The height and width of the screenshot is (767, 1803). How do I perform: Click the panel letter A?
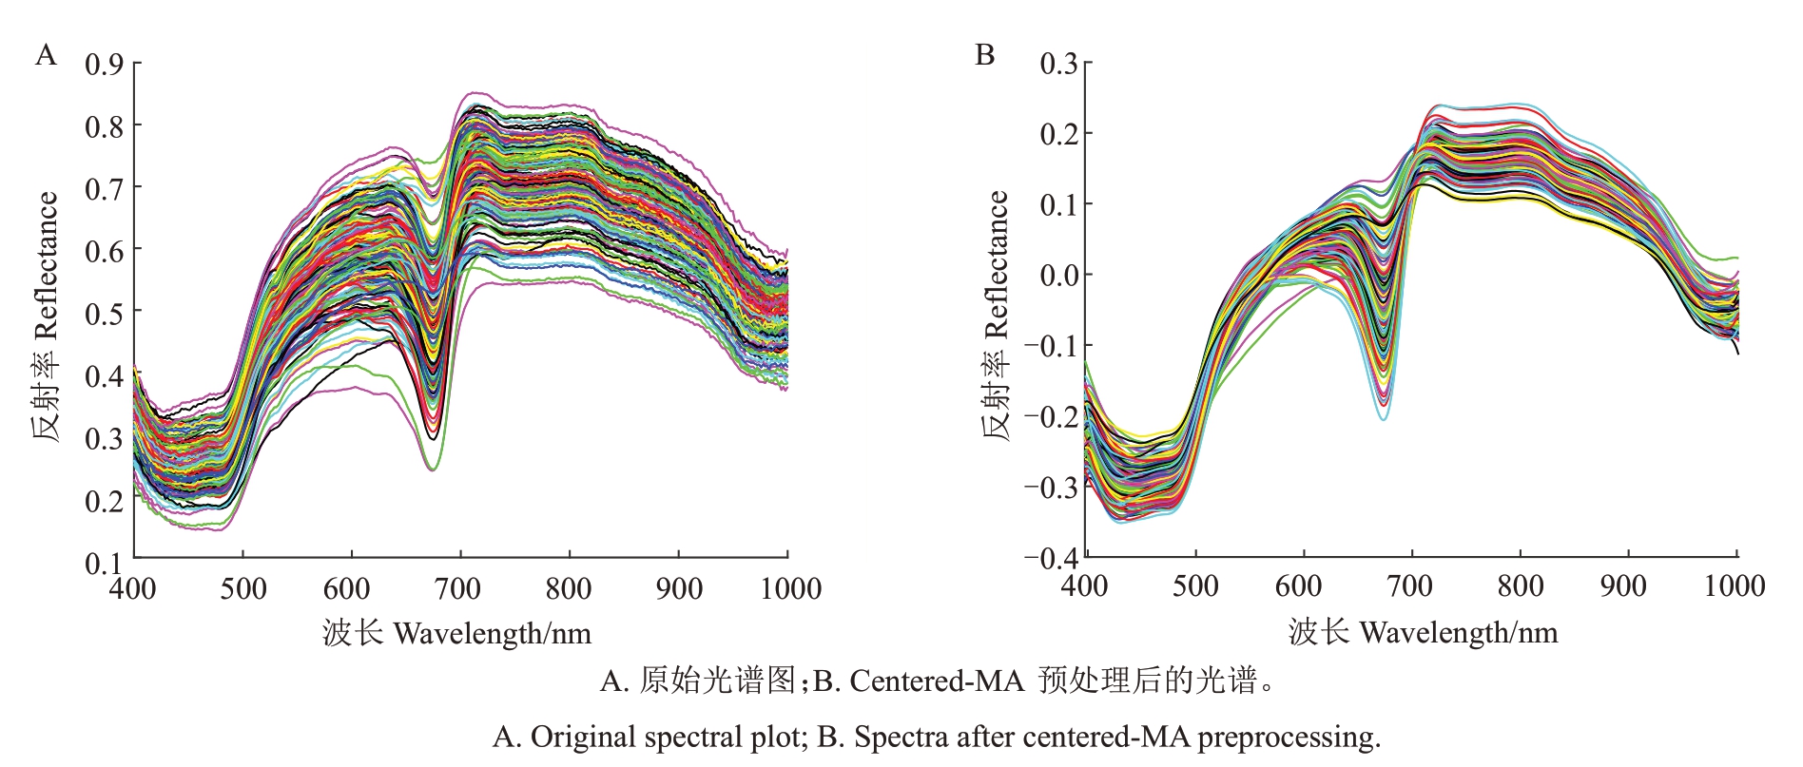(46, 55)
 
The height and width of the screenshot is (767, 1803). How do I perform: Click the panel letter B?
(985, 55)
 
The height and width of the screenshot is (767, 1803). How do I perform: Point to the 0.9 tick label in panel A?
(105, 65)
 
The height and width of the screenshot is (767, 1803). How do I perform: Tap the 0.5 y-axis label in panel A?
(105, 314)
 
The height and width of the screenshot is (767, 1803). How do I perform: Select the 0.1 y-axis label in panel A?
(105, 563)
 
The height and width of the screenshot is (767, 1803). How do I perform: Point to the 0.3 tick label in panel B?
(1058, 65)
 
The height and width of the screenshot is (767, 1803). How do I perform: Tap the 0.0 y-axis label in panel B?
(1058, 276)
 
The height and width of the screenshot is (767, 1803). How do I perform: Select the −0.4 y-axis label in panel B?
(1051, 558)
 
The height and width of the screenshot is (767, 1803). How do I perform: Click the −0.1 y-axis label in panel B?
(1051, 346)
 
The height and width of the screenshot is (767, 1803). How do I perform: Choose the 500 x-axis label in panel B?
(1195, 586)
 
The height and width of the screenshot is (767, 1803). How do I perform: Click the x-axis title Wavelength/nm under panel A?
(492, 633)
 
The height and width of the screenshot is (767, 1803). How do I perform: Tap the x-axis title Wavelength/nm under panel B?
(1459, 633)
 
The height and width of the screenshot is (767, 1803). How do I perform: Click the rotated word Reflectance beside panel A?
(46, 265)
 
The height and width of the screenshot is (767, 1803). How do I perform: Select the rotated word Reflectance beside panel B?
(995, 265)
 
